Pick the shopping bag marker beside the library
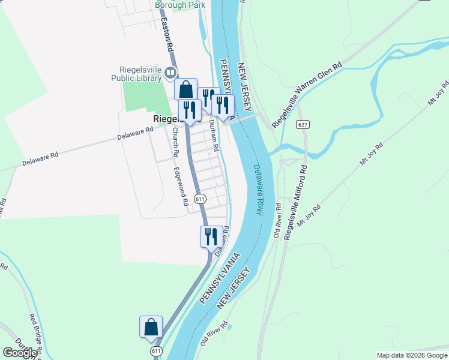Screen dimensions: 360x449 tap(186, 89)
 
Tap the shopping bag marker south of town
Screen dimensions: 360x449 tap(151, 327)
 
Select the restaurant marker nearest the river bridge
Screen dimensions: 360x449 tap(223, 105)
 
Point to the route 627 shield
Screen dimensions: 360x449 tap(302, 125)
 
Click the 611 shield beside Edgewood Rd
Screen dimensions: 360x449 tap(200, 199)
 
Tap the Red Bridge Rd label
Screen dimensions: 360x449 tap(35, 332)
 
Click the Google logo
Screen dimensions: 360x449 tap(19, 353)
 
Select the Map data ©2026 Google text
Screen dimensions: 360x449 tap(412, 355)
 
